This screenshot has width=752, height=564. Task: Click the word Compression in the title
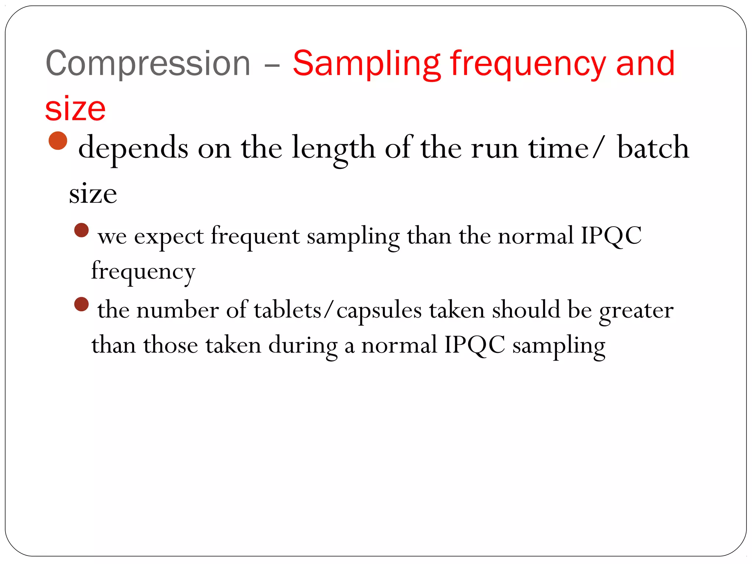pos(148,64)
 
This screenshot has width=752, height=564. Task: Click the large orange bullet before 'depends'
pos(58,141)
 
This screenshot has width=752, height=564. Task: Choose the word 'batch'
pos(653,147)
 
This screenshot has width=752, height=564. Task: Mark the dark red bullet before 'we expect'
pos(82,231)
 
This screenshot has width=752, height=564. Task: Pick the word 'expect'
pos(169,236)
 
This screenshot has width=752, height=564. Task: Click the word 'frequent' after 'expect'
pos(255,236)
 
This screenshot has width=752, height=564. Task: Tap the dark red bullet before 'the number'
pos(82,304)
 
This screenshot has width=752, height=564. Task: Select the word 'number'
pos(178,310)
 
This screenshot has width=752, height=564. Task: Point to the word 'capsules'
pos(379,311)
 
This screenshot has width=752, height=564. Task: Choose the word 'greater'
pos(636,311)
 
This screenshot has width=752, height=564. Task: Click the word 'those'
pos(171,345)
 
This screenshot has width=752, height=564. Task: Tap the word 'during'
pos(303,346)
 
